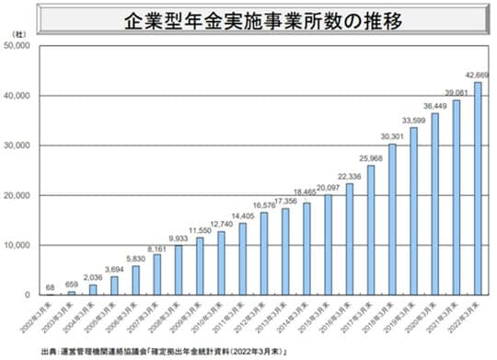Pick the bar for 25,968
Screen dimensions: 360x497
click(371, 229)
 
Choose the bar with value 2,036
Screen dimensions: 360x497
click(93, 289)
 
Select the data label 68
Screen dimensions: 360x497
click(51, 285)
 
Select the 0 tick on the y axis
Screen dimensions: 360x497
click(31, 295)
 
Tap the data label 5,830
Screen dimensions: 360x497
click(135, 258)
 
